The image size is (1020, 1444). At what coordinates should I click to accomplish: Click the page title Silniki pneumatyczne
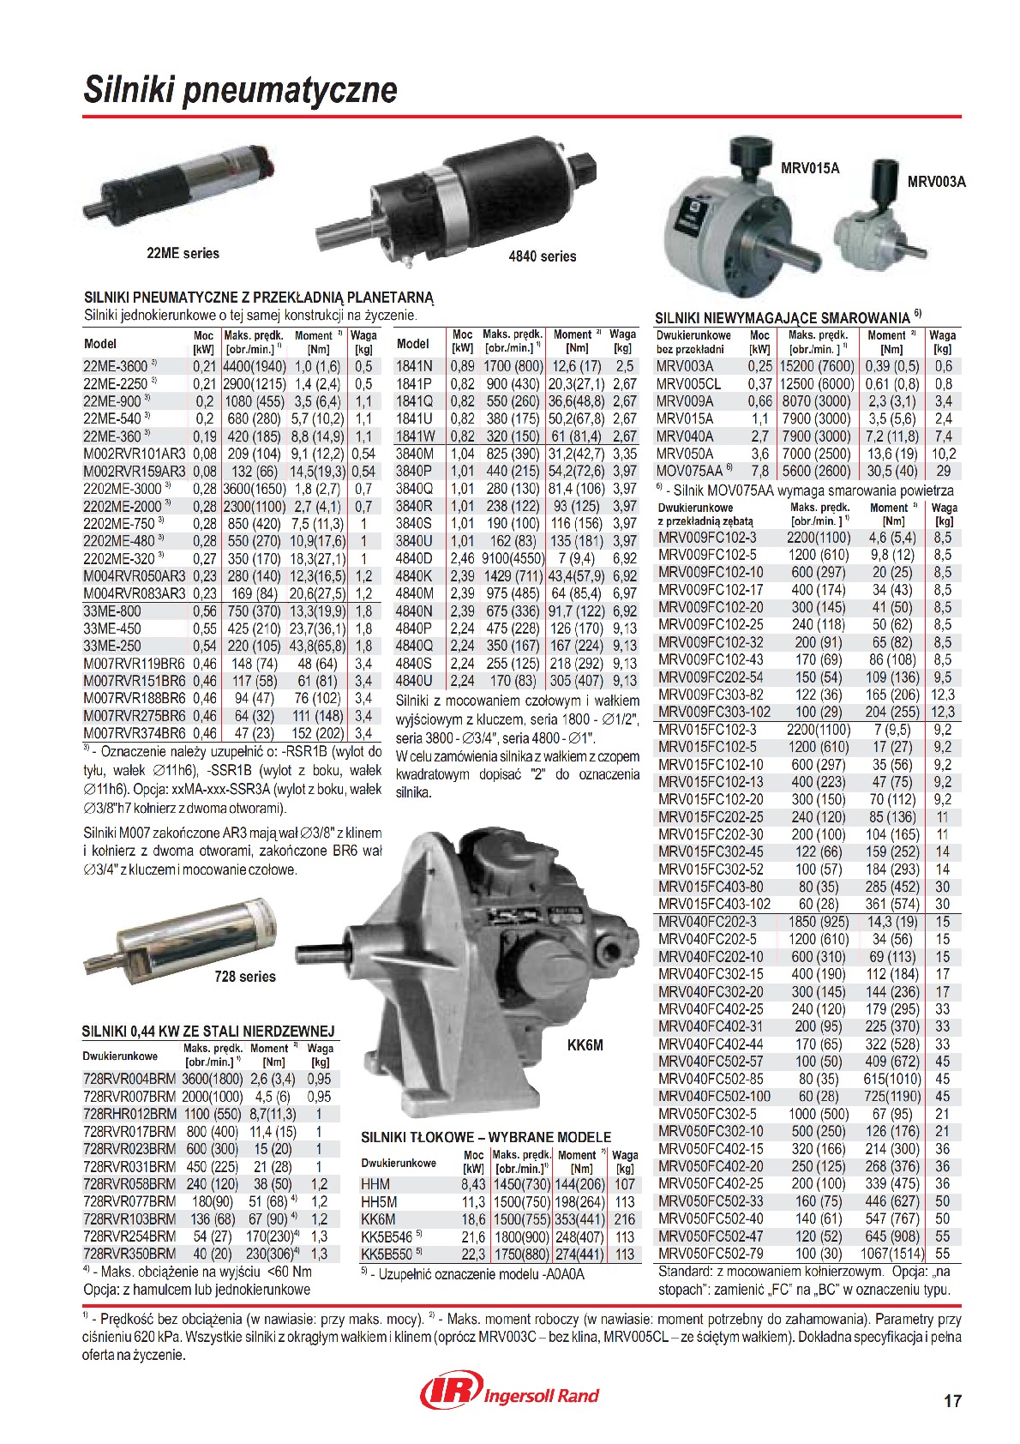pyautogui.click(x=240, y=90)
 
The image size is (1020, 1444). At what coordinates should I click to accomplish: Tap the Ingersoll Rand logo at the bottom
pyautogui.click(x=509, y=1393)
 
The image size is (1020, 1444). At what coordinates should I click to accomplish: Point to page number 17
pyautogui.click(x=952, y=1401)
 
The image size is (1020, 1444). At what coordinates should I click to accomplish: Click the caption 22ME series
pyautogui.click(x=183, y=254)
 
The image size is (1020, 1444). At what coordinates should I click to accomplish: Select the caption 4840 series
pyautogui.click(x=542, y=256)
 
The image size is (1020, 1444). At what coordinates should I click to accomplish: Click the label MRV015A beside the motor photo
pyautogui.click(x=809, y=169)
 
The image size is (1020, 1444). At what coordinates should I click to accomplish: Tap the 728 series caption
pyautogui.click(x=245, y=977)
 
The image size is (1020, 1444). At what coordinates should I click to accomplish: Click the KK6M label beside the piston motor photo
pyautogui.click(x=585, y=1045)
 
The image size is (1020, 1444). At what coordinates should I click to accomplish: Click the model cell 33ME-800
pyautogui.click(x=112, y=611)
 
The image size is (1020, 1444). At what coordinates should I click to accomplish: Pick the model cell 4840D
pyautogui.click(x=414, y=558)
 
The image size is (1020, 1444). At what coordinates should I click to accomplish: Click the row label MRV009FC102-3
pyautogui.click(x=707, y=538)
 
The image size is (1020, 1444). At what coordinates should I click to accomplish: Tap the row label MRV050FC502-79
pyautogui.click(x=711, y=1254)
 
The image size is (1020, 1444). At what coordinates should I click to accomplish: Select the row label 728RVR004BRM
pyautogui.click(x=129, y=1079)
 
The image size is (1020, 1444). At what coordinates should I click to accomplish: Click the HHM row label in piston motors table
pyautogui.click(x=375, y=1184)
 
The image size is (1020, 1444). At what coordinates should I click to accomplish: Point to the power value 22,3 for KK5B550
pyautogui.click(x=473, y=1254)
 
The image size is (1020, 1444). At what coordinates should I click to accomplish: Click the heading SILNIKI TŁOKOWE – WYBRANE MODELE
pyautogui.click(x=486, y=1137)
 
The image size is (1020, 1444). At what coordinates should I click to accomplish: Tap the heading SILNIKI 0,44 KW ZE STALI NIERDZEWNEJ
pyautogui.click(x=208, y=1031)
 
